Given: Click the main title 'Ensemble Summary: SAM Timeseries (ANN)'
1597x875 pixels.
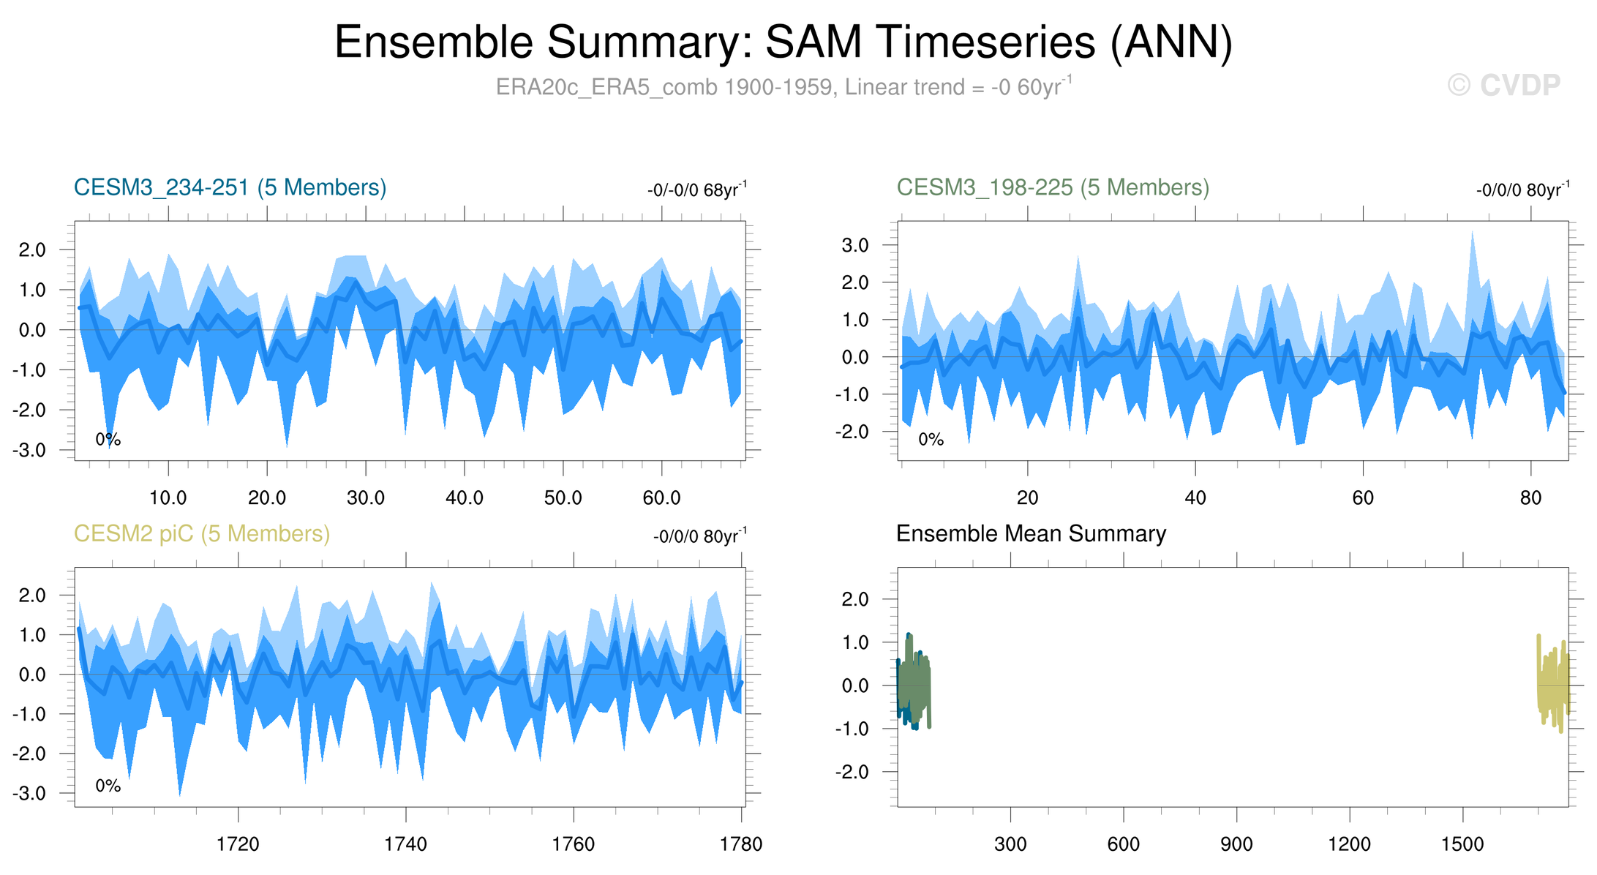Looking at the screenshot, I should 783,42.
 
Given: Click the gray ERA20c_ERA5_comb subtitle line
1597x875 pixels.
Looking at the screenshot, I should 783,87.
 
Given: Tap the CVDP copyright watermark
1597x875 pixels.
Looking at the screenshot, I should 1503,86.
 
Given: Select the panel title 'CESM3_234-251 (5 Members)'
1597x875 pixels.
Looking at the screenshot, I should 230,188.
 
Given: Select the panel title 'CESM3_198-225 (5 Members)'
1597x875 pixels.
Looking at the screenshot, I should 1053,188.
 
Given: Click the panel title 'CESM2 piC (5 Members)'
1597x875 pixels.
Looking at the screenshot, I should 202,534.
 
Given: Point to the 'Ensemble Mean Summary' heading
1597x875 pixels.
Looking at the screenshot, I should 1031,534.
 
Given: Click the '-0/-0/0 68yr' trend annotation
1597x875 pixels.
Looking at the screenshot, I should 696,190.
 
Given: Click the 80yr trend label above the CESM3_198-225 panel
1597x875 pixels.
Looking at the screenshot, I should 1522,190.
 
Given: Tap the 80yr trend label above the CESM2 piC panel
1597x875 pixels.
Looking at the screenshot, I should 699,536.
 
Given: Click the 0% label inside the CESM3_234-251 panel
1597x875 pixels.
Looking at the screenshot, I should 108,440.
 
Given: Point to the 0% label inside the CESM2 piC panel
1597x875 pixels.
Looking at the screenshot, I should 108,786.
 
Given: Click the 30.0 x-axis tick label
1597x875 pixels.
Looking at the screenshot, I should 365,498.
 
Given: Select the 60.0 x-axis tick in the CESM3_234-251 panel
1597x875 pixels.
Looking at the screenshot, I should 661,498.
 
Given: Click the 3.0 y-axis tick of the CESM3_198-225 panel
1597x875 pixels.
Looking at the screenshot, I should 856,245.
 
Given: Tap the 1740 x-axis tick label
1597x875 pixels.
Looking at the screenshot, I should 405,844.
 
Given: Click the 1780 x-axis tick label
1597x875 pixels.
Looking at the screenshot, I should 741,844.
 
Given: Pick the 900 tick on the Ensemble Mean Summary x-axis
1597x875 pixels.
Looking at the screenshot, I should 1236,844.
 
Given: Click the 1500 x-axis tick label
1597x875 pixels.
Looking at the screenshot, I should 1462,844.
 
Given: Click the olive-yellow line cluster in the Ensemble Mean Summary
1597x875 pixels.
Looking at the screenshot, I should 1553,684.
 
